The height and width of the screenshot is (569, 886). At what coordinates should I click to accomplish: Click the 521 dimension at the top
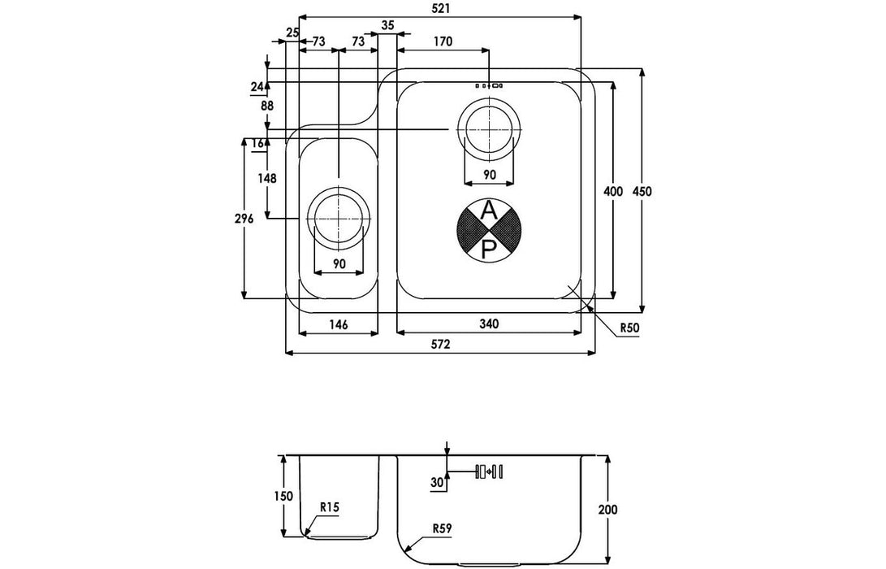pos(443,7)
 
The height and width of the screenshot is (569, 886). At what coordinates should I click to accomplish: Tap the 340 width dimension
pos(488,324)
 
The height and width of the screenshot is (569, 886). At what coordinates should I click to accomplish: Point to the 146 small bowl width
pos(338,324)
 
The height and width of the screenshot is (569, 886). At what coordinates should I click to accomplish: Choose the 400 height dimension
pos(613,191)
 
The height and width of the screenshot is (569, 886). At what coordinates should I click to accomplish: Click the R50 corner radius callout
pos(631,328)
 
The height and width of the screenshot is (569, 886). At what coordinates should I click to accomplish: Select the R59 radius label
pos(442,528)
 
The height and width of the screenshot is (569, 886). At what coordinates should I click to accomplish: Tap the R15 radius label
pos(329,507)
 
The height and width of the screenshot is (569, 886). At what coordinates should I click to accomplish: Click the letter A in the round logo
pos(488,211)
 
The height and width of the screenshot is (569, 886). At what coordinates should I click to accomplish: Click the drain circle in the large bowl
pos(488,129)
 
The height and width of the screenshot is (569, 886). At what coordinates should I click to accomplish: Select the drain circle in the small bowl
pos(338,219)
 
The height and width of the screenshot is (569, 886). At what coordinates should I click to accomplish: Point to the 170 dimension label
pos(443,41)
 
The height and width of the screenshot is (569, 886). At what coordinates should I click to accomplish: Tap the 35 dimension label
pos(387,26)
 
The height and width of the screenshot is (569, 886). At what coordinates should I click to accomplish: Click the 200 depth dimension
pos(608,510)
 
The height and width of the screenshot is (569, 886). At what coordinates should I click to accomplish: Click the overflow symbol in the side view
pos(489,471)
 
